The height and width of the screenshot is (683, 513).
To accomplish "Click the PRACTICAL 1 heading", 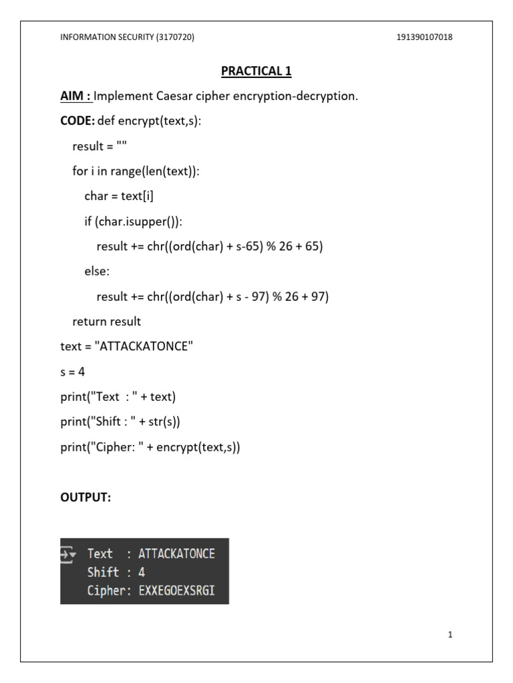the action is [257, 71].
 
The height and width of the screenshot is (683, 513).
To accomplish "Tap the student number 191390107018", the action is [424, 37].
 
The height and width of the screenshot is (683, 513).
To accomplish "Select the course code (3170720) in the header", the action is [175, 37].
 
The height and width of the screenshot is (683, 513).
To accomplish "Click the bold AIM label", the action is [75, 96].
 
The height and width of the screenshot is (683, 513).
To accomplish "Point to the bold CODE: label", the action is [77, 121].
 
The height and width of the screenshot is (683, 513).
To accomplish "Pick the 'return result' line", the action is [107, 321].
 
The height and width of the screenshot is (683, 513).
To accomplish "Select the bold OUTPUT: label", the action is [85, 498].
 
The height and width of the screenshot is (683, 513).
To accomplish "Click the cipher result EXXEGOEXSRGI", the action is [176, 591].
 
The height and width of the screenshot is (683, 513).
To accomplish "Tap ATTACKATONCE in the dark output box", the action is [176, 554].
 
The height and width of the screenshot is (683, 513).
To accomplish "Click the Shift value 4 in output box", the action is [142, 572].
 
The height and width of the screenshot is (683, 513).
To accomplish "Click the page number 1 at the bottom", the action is [450, 635].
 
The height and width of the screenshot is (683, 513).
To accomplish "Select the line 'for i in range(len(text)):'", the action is [136, 171].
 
